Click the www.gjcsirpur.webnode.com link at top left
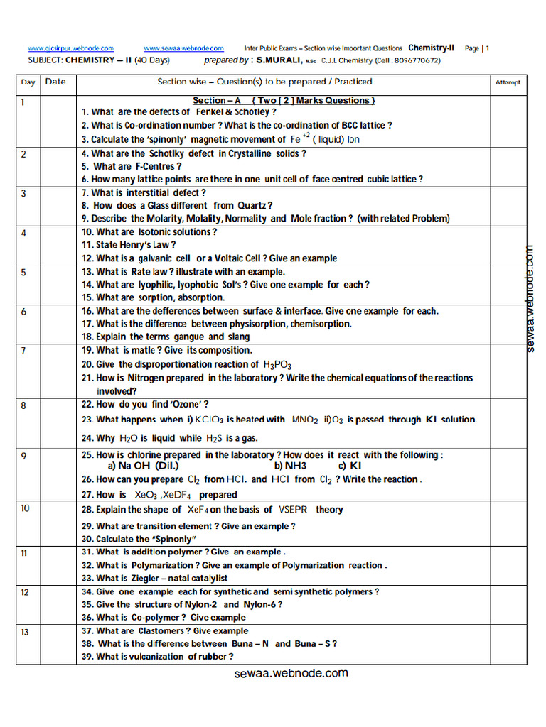(x=70, y=48)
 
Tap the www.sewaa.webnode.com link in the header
(x=183, y=48)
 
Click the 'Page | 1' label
(x=477, y=48)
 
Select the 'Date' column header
(x=55, y=82)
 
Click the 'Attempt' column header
(x=507, y=82)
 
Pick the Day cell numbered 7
(x=24, y=351)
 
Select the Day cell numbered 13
(x=26, y=631)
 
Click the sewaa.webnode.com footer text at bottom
(x=291, y=673)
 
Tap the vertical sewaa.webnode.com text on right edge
(x=530, y=298)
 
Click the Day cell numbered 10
(x=26, y=508)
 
